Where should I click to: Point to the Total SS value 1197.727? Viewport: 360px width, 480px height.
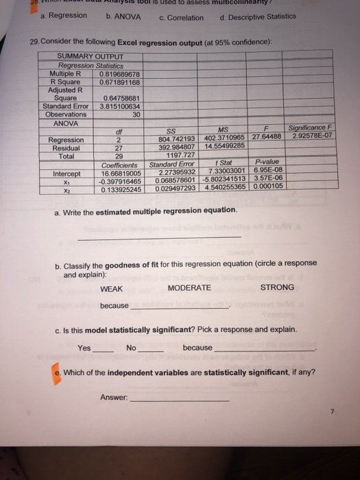click(182, 156)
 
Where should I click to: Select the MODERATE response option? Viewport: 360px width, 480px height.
click(189, 288)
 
